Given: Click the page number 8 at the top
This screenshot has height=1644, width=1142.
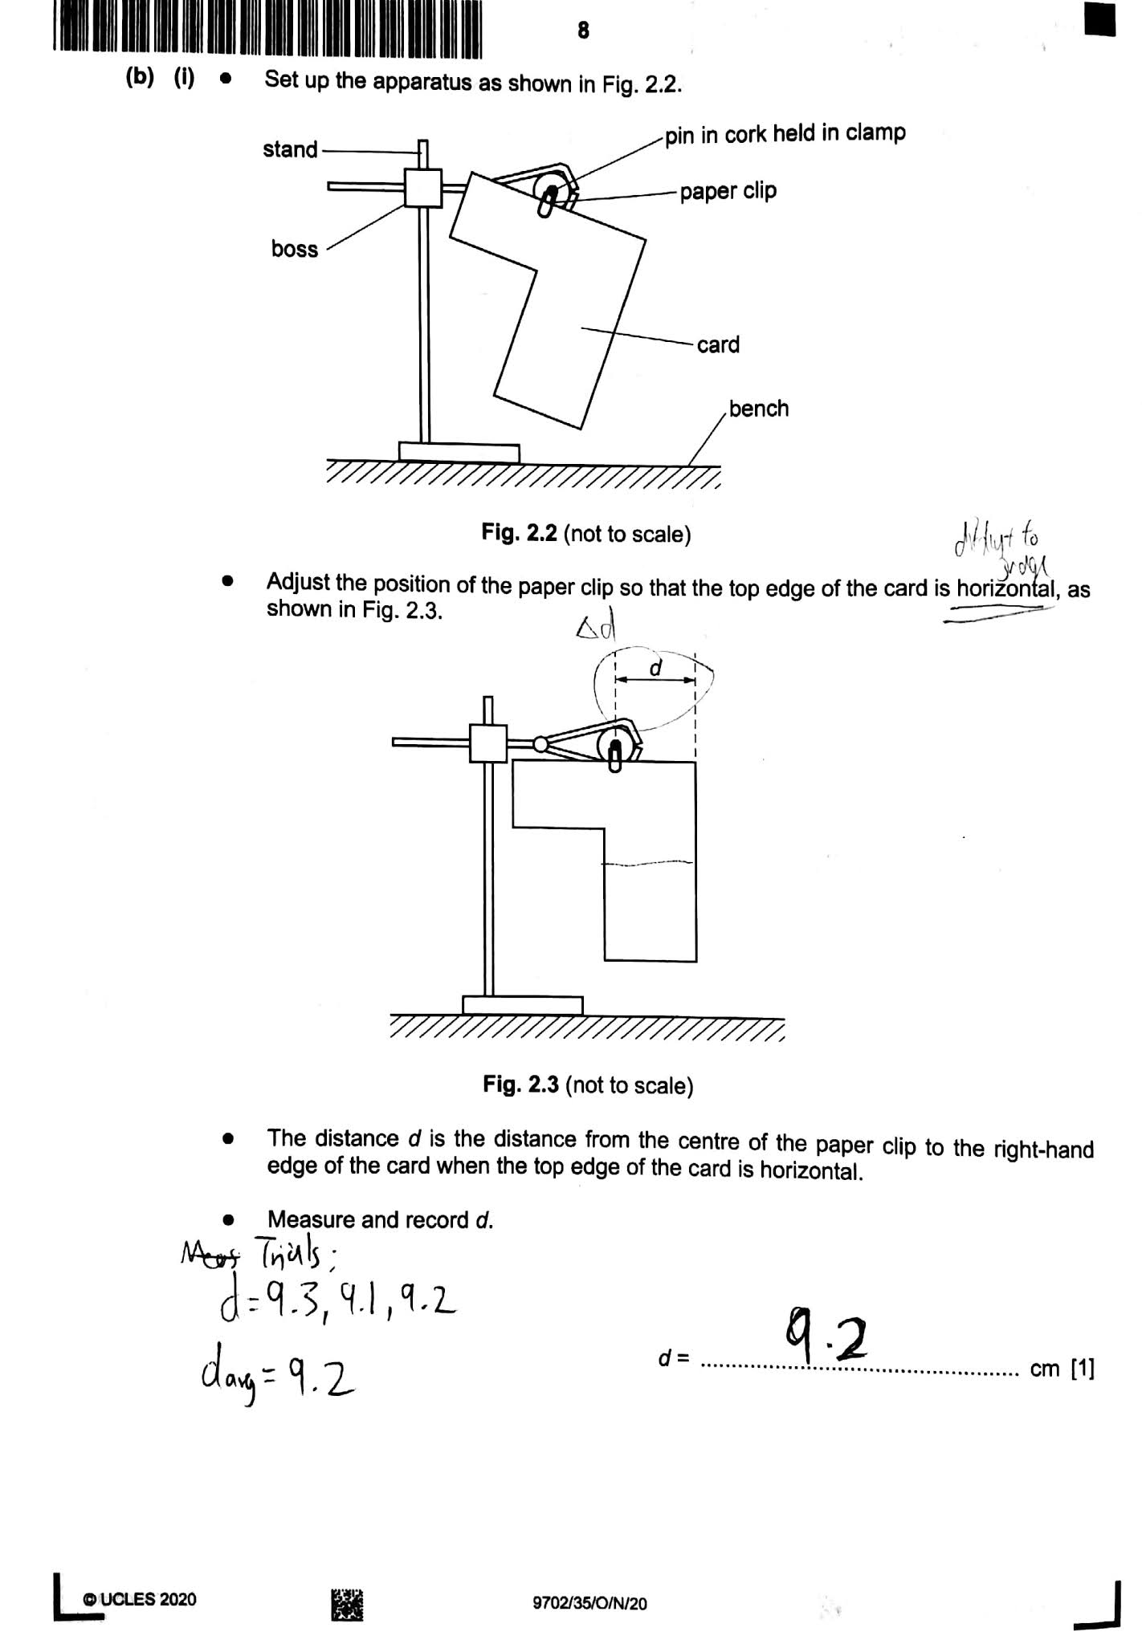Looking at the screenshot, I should (x=583, y=31).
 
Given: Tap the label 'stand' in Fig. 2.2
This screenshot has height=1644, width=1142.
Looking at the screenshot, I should (x=290, y=149).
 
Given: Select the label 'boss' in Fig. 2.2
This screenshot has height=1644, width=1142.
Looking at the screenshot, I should (x=295, y=249).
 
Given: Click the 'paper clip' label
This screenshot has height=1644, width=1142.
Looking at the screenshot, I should (x=728, y=191).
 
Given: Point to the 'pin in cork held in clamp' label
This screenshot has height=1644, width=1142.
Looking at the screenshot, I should (x=785, y=133).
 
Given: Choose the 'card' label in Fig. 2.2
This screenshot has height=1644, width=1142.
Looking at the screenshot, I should (x=718, y=345).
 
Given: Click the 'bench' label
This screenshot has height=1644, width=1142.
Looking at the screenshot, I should (x=758, y=409).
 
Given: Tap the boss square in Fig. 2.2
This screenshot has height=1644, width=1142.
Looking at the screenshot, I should (x=422, y=188).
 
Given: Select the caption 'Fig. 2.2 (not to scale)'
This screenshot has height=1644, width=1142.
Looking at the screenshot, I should (x=586, y=534).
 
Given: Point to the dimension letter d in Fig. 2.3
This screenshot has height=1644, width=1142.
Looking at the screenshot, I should (x=655, y=667).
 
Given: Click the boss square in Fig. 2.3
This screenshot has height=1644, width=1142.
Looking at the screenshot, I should (x=488, y=743).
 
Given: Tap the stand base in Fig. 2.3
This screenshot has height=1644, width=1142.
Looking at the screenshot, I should (x=522, y=1005).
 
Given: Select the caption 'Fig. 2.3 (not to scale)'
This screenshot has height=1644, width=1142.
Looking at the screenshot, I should (x=588, y=1085).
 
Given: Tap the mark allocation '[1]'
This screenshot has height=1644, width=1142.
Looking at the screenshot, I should (x=1083, y=1369).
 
